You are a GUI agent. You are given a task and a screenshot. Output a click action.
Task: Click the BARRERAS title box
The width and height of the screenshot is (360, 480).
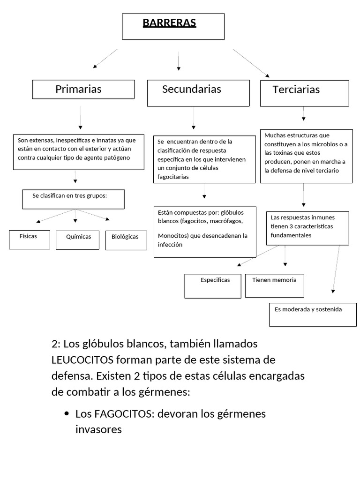pyautogui.click(x=173, y=26)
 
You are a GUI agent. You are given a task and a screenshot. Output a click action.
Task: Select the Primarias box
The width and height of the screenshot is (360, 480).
pyautogui.click(x=83, y=89)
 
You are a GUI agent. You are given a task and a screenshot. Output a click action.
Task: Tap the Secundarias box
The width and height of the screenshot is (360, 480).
pyautogui.click(x=198, y=93)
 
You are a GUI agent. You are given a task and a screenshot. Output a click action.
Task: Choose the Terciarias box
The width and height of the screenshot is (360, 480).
pyautogui.click(x=304, y=93)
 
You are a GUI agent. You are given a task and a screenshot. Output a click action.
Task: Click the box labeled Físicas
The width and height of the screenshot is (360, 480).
pyautogui.click(x=30, y=239)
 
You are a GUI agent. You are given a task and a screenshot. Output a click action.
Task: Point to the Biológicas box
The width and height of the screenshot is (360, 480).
pyautogui.click(x=126, y=240)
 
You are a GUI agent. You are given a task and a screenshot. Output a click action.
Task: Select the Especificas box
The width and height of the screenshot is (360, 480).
pyautogui.click(x=213, y=285)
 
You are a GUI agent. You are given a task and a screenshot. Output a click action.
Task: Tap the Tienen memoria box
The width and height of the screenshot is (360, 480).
pyautogui.click(x=274, y=285)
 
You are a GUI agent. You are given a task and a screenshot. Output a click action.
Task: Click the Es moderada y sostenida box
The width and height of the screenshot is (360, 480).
pyautogui.click(x=313, y=315)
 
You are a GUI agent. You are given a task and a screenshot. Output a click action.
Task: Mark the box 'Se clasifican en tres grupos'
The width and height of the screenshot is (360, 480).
pyautogui.click(x=73, y=199)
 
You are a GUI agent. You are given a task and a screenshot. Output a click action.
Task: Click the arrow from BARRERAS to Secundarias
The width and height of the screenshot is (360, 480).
pyautogui.click(x=179, y=62)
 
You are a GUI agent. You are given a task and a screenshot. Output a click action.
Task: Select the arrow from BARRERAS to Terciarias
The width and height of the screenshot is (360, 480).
pyautogui.click(x=251, y=63)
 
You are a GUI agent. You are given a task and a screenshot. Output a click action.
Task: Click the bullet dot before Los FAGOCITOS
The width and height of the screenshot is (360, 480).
pyautogui.click(x=66, y=414)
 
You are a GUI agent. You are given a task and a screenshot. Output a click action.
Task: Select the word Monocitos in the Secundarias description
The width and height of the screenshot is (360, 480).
pyautogui.click(x=172, y=236)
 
